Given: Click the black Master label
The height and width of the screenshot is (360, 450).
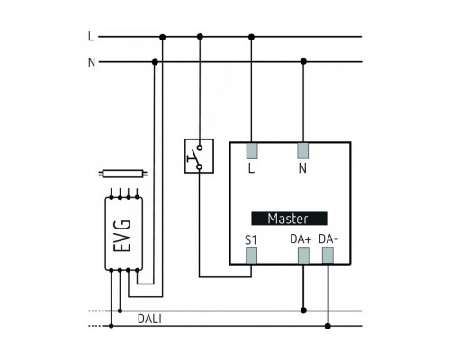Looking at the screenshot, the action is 289,219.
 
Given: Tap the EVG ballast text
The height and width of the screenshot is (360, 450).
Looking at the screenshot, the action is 122,236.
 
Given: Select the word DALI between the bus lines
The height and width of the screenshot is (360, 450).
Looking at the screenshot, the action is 149,319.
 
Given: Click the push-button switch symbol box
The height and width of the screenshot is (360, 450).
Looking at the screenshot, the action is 199,156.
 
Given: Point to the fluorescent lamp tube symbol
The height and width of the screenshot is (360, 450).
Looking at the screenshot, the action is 123,174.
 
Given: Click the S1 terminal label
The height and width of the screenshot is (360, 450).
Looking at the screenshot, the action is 251,240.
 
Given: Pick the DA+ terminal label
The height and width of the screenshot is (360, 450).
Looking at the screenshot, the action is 301,239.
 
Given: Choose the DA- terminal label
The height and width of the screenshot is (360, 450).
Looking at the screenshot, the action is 328,239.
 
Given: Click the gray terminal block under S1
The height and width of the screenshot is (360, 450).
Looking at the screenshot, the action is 251,256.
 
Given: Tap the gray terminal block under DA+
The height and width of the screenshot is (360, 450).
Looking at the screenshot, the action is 303,256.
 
